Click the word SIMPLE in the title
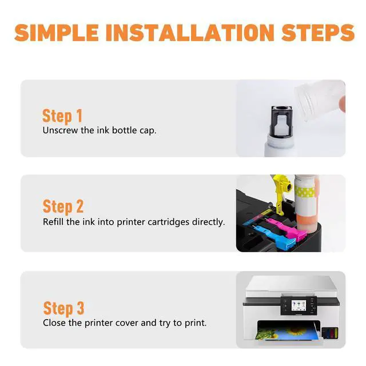[57, 33]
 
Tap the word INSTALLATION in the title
[190, 33]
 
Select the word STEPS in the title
[318, 33]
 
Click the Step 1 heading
[62, 116]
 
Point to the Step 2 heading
[63, 206]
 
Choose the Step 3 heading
[63, 309]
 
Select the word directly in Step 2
[208, 222]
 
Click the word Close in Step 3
[54, 323]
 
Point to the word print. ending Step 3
[196, 323]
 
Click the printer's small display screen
[299, 305]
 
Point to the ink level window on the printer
[330, 332]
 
